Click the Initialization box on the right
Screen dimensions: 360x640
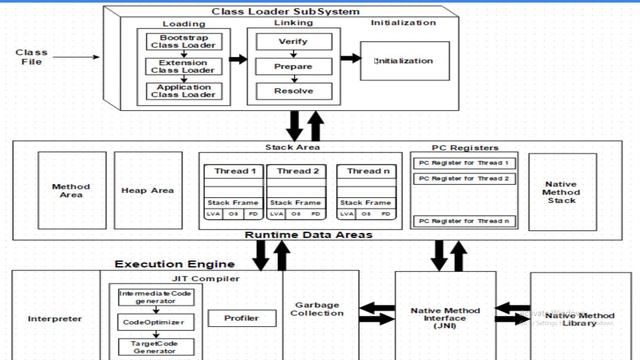[404, 61]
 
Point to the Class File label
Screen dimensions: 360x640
[32, 57]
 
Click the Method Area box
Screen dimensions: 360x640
[71, 190]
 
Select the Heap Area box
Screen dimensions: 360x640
[148, 190]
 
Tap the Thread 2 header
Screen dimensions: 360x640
[297, 171]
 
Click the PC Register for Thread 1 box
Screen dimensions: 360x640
[463, 163]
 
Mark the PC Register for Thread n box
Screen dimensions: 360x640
[463, 220]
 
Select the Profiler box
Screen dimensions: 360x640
[241, 319]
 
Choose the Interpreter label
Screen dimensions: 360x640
[55, 319]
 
